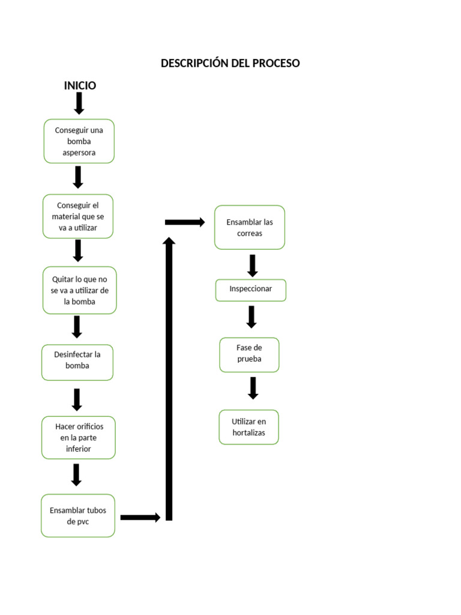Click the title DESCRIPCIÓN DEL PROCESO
coord(230,63)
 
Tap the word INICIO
coord(80,85)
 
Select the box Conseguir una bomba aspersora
coord(79,141)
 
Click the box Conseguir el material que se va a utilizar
coord(77,216)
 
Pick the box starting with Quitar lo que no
coord(79,290)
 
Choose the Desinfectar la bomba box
coord(77,362)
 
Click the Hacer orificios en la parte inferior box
coord(78,437)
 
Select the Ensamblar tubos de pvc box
coord(77,515)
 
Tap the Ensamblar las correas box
coord(249,228)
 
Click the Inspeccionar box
coord(250,289)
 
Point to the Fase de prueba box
coord(249,354)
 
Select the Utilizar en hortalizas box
coord(249,427)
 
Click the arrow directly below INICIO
coord(79,103)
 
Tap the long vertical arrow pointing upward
coord(169,378)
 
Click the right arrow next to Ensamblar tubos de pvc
coord(140,517)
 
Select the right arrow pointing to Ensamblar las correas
coord(185,222)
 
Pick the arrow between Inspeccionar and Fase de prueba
coord(252,317)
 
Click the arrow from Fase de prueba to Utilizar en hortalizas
coord(253,388)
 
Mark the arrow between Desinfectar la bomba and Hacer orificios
coord(77,399)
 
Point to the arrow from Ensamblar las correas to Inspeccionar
coord(252,265)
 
